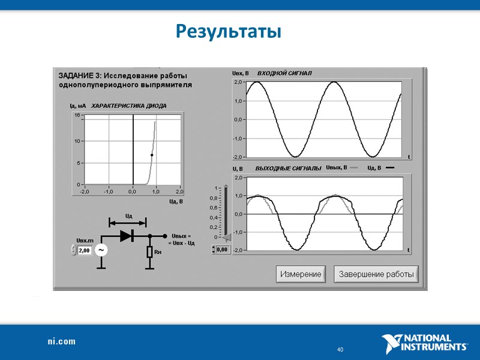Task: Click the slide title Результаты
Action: coord(229,31)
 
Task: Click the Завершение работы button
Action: coord(376,274)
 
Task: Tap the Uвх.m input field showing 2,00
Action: coord(85,250)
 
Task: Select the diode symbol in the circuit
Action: coord(127,236)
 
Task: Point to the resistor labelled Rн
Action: coord(149,252)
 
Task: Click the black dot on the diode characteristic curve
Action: coord(152,155)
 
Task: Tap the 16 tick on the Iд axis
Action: coord(77,115)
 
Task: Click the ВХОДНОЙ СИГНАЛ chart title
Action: coord(284,73)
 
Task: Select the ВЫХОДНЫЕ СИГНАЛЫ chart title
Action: coord(289,169)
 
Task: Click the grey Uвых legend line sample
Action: coord(354,169)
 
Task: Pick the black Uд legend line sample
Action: coord(390,169)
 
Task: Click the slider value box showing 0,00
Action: coord(223,249)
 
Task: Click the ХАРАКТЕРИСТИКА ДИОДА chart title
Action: coord(129,106)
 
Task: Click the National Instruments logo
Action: coord(425,343)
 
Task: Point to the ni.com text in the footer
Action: coord(62,341)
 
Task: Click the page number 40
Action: coord(340,349)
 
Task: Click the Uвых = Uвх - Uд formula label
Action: coord(181,239)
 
